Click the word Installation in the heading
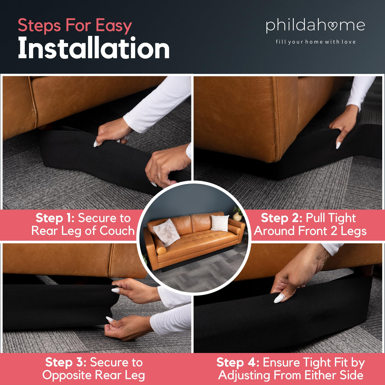(x=94, y=48)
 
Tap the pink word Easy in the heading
(x=114, y=26)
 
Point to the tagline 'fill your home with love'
(x=316, y=42)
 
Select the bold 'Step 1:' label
(x=55, y=218)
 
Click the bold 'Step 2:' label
(x=281, y=218)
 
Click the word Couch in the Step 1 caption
(x=117, y=231)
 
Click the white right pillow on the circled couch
(x=220, y=223)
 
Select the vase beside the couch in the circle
(x=237, y=216)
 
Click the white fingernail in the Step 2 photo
(x=338, y=145)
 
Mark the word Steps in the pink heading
(x=39, y=26)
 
